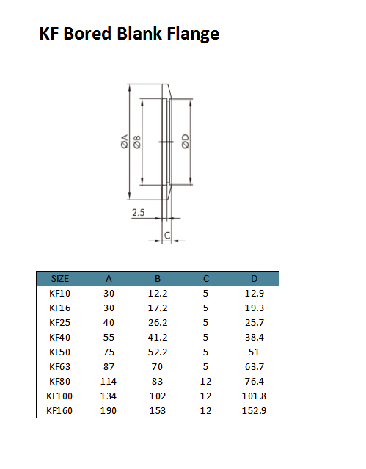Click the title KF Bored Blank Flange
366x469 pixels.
point(129,34)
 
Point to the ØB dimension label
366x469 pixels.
point(138,142)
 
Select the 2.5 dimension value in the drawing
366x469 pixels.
point(139,213)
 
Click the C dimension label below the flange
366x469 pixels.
point(167,236)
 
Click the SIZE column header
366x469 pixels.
point(60,279)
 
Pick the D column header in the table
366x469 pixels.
point(254,279)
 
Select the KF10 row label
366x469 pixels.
point(60,294)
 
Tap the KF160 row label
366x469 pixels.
point(60,411)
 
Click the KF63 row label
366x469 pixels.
point(60,367)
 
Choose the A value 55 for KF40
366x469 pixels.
point(109,338)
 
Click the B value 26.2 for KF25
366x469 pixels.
point(157,323)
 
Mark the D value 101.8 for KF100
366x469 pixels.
point(254,396)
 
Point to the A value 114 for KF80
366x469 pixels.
point(109,382)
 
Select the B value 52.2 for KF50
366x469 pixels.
point(157,352)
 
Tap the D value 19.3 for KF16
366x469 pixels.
point(254,308)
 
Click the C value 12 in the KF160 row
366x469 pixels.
point(206,411)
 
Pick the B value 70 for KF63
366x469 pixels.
point(157,367)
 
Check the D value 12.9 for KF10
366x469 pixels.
point(254,294)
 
